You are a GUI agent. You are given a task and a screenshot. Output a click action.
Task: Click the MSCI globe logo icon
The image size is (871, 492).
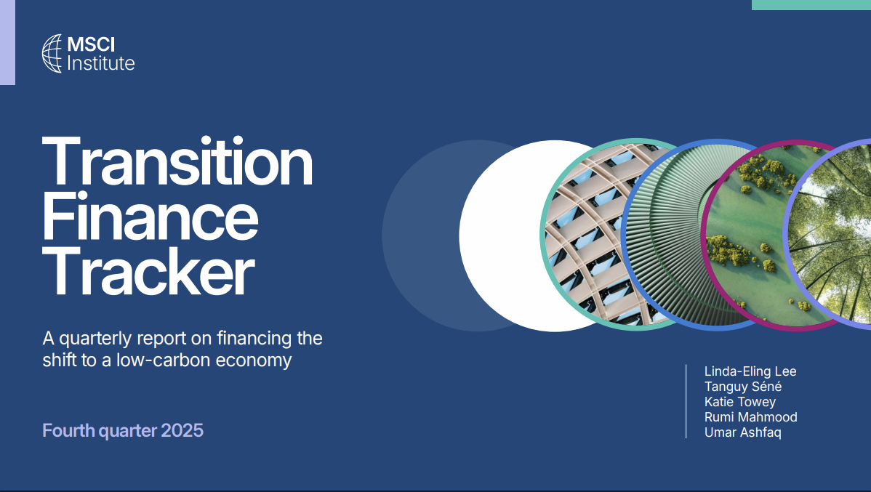coord(53,54)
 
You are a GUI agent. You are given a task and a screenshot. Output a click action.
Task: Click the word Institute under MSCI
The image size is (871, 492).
coord(100,63)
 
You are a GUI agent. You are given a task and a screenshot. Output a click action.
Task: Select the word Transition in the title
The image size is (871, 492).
coord(177,162)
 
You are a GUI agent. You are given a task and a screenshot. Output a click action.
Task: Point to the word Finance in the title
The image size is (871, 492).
coord(150,217)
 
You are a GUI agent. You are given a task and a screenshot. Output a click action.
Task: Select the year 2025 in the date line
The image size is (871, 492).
coord(182,430)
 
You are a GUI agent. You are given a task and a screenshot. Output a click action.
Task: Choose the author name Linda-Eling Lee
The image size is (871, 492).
coord(750,371)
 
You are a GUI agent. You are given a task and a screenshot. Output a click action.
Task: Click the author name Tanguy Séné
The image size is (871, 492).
coord(743,387)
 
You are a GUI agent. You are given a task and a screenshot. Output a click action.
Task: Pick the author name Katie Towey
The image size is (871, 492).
coord(740,402)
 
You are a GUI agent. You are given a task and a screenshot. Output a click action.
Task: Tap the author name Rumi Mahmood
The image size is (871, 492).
coord(750,417)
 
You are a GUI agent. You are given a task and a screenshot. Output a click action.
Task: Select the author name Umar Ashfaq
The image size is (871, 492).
coord(743,432)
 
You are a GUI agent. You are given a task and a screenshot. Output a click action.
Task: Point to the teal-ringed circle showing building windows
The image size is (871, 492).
coord(582,234)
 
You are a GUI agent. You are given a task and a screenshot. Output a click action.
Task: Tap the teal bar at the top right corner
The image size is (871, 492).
coord(811,4)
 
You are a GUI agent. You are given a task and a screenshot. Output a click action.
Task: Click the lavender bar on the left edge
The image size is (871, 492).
coord(7,42)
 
